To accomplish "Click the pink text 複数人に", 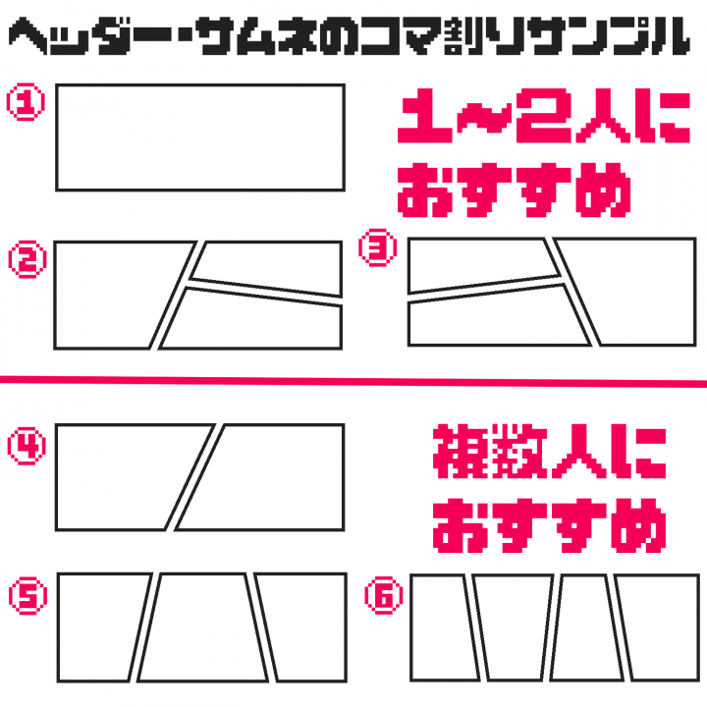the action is (x=550, y=452).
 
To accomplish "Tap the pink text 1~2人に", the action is (x=544, y=116).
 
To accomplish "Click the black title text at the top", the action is (x=349, y=36).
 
